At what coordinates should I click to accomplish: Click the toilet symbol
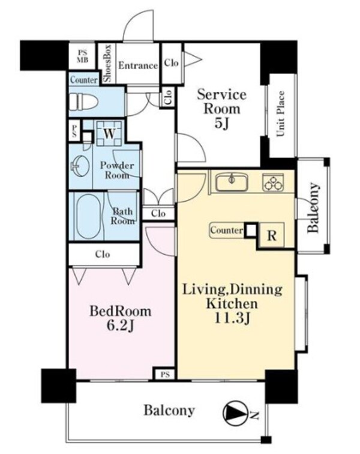(83, 102)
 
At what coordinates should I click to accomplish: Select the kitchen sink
(232, 182)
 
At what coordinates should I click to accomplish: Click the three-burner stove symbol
(273, 183)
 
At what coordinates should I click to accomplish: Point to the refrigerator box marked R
(271, 235)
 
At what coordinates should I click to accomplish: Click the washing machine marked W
(109, 133)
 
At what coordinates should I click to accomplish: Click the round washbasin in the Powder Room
(79, 166)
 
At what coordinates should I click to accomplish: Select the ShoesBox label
(107, 64)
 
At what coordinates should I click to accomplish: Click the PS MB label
(82, 56)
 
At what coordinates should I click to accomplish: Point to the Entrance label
(138, 65)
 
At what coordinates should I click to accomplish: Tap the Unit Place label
(280, 114)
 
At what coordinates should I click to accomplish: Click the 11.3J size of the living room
(232, 318)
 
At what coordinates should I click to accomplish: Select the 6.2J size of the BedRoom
(121, 326)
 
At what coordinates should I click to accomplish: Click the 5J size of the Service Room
(221, 123)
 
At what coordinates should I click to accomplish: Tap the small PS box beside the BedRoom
(165, 374)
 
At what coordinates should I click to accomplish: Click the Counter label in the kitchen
(227, 231)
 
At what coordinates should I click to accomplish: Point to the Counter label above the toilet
(84, 80)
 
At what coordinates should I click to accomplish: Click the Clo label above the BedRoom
(103, 255)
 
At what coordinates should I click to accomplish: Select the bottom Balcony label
(169, 411)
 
